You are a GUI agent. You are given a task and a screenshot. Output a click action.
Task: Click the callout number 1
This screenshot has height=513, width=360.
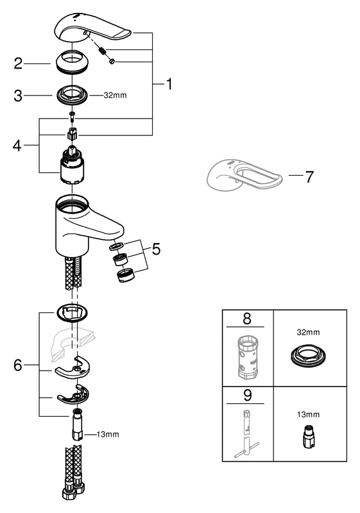point(168,84)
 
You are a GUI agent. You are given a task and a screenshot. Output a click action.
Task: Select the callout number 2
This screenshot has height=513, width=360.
point(19,63)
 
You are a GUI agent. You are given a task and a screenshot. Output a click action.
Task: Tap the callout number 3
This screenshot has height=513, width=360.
point(19,96)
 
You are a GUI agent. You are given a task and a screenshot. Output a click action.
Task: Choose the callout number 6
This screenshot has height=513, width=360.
point(19,366)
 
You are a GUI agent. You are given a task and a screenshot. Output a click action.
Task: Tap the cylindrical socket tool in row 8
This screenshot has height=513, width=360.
point(246,356)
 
